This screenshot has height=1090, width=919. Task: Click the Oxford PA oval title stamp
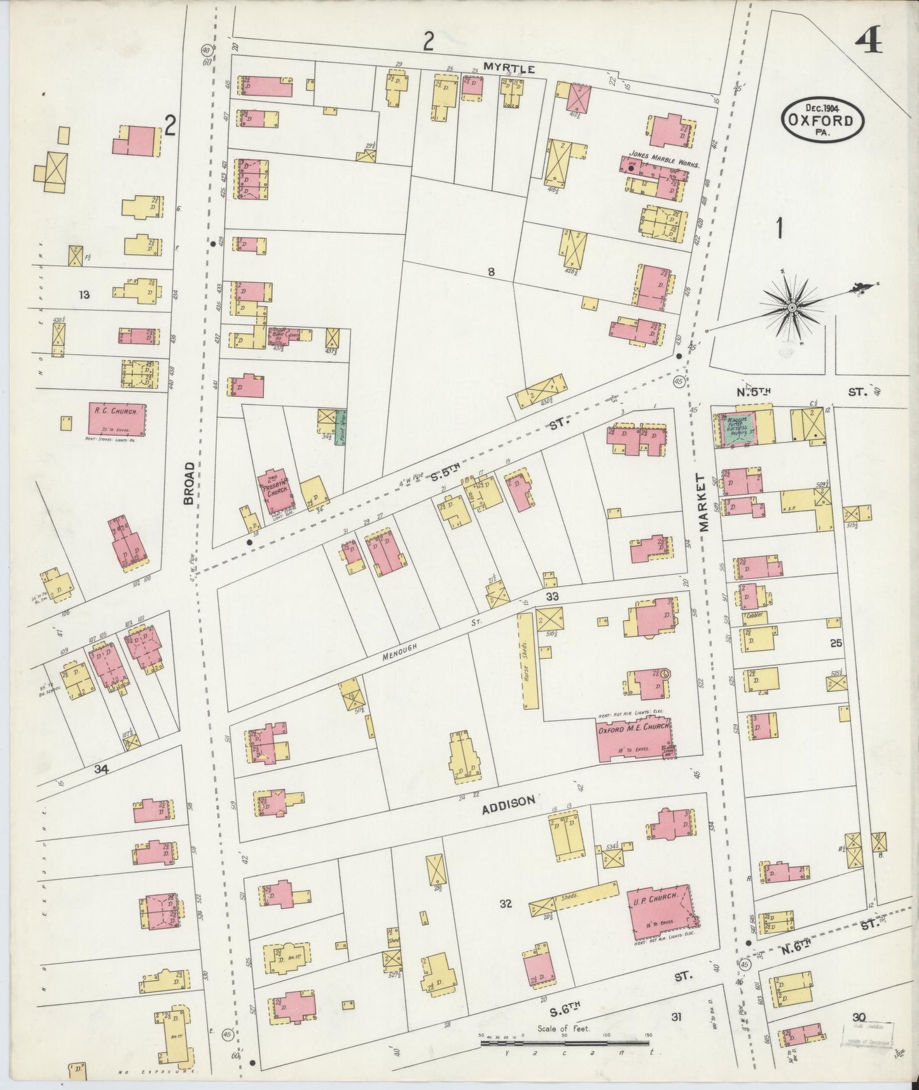(824, 119)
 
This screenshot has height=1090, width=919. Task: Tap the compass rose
(792, 308)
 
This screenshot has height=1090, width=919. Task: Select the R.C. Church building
(116, 418)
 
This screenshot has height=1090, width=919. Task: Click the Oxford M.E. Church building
(635, 738)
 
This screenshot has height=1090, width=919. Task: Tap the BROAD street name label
(188, 483)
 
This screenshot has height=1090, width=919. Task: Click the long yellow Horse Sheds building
(528, 661)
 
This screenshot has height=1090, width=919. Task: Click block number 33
(552, 597)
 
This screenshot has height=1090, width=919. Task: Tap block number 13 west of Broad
(84, 294)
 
